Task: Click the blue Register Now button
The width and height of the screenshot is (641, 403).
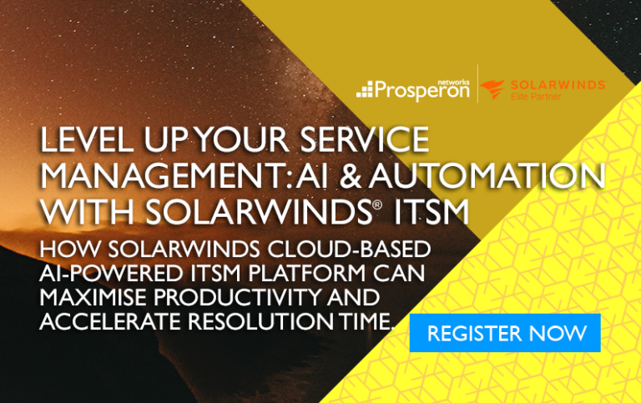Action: click(x=505, y=333)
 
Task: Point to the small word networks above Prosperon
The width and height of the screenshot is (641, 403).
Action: click(x=456, y=82)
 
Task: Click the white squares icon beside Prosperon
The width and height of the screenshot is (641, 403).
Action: click(x=365, y=89)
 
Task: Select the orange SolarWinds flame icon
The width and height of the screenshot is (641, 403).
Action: click(x=492, y=89)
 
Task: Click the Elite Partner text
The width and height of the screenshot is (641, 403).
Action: click(x=536, y=97)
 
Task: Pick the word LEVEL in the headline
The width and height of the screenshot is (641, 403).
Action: click(x=87, y=139)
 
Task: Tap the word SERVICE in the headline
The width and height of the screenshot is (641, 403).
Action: click(x=364, y=139)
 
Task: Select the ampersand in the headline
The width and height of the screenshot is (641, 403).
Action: click(x=351, y=176)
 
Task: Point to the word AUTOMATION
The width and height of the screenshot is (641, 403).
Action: click(x=487, y=176)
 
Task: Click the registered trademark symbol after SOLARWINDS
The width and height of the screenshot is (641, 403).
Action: click(x=377, y=204)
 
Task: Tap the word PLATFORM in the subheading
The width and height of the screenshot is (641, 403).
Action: click(x=306, y=273)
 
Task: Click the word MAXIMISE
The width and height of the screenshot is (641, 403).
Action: click(x=93, y=297)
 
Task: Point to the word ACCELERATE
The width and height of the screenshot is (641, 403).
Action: click(x=110, y=321)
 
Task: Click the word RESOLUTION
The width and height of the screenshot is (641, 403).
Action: click(x=260, y=321)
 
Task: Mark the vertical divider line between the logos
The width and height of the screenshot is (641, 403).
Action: click(x=477, y=84)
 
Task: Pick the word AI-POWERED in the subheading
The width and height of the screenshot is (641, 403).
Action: click(x=111, y=273)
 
